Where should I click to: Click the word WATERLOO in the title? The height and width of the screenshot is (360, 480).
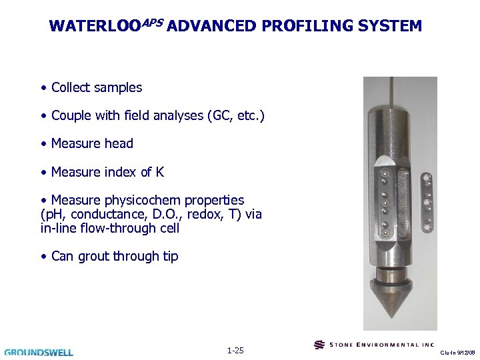(x=90, y=27)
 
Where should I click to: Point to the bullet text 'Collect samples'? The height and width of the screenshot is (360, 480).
(x=96, y=87)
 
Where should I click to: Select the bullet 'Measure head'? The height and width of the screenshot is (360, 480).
(x=91, y=144)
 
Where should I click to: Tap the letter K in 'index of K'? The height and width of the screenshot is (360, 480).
(x=160, y=172)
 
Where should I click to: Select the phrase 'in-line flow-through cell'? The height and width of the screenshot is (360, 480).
(x=109, y=228)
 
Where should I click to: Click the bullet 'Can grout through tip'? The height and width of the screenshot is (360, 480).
(x=114, y=256)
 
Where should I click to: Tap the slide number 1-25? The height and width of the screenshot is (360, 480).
(x=235, y=350)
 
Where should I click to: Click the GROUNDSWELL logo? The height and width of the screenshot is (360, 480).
(x=39, y=351)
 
